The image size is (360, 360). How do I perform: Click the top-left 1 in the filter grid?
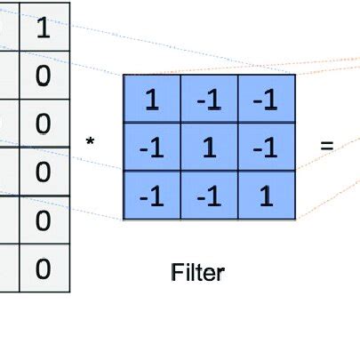[151, 100]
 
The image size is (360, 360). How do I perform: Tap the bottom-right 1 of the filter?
[266, 196]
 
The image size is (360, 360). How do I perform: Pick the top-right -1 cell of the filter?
[266, 100]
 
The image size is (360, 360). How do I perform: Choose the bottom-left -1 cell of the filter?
[151, 196]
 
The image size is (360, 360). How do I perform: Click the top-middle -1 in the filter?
[209, 100]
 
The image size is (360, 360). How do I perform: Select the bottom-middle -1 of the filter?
[209, 196]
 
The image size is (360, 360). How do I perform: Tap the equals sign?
[326, 143]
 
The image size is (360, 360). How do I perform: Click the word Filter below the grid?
[197, 272]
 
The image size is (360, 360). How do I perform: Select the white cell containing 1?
[43, 28]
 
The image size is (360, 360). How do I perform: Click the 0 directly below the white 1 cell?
[43, 76]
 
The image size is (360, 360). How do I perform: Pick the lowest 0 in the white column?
[43, 268]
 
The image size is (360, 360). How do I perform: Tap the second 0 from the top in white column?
[43, 124]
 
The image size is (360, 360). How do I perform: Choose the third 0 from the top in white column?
[43, 172]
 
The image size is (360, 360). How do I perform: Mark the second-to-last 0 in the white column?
[43, 220]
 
